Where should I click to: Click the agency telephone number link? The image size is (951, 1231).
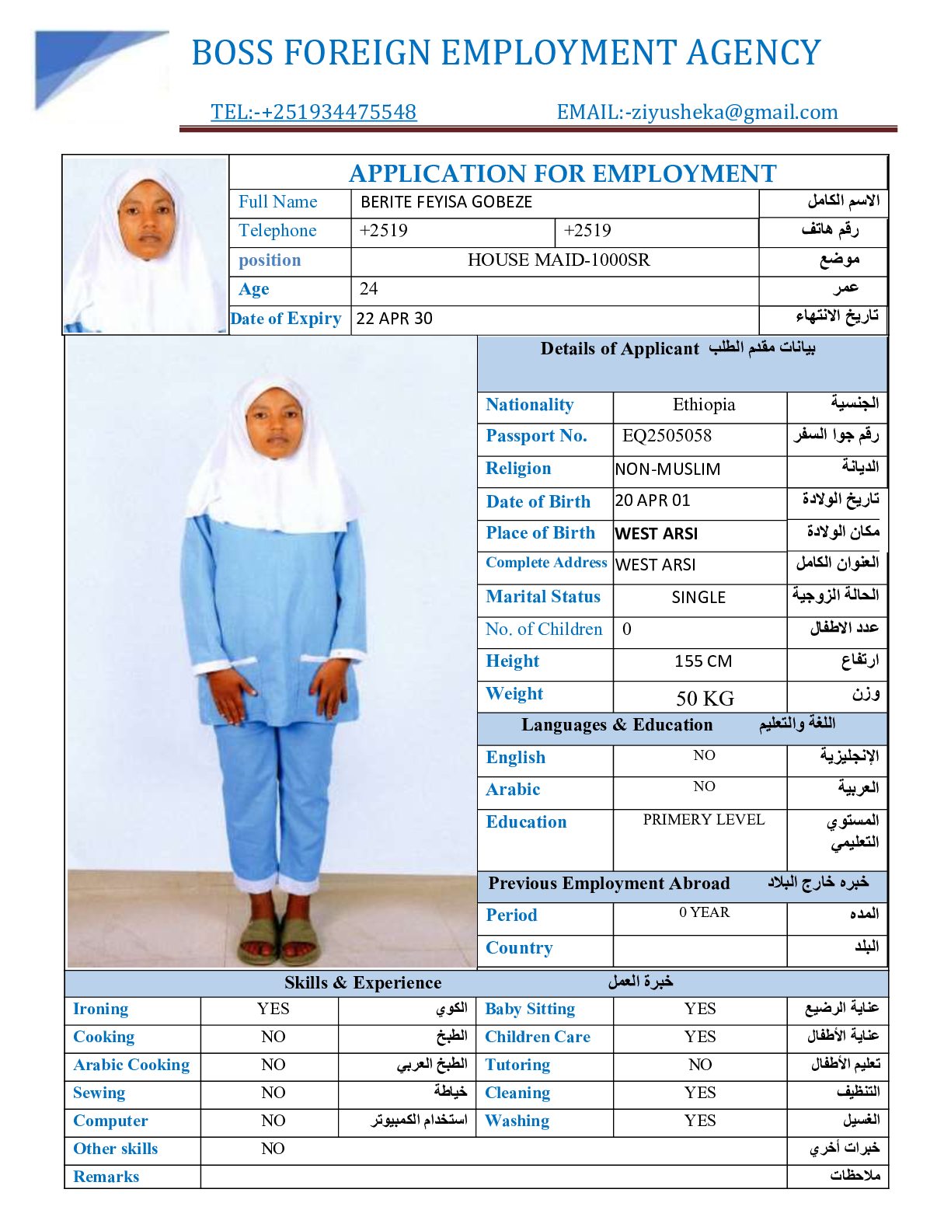click(313, 112)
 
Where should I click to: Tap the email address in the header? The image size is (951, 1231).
click(697, 112)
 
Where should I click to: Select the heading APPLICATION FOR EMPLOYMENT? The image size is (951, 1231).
click(563, 173)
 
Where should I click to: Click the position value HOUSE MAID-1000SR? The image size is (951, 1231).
click(558, 260)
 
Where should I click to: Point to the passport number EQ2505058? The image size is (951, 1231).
click(667, 436)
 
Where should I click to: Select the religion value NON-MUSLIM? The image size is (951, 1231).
click(667, 469)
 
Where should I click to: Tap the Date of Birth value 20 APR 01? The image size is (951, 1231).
click(653, 500)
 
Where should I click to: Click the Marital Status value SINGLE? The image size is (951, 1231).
click(698, 597)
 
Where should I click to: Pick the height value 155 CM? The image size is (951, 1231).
click(702, 661)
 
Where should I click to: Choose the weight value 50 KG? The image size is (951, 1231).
click(705, 698)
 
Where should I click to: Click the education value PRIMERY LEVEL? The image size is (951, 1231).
click(703, 820)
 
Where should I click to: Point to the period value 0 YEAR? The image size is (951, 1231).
click(704, 912)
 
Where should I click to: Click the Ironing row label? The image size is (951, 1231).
click(101, 1009)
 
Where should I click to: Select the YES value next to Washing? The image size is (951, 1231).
click(700, 1121)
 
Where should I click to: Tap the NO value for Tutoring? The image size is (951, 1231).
click(700, 1065)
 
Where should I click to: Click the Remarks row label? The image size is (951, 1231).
click(106, 1177)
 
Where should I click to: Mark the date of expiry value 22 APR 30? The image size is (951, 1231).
click(395, 319)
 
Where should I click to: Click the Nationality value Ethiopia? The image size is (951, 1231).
click(703, 405)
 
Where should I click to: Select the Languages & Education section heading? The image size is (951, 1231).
click(617, 725)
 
